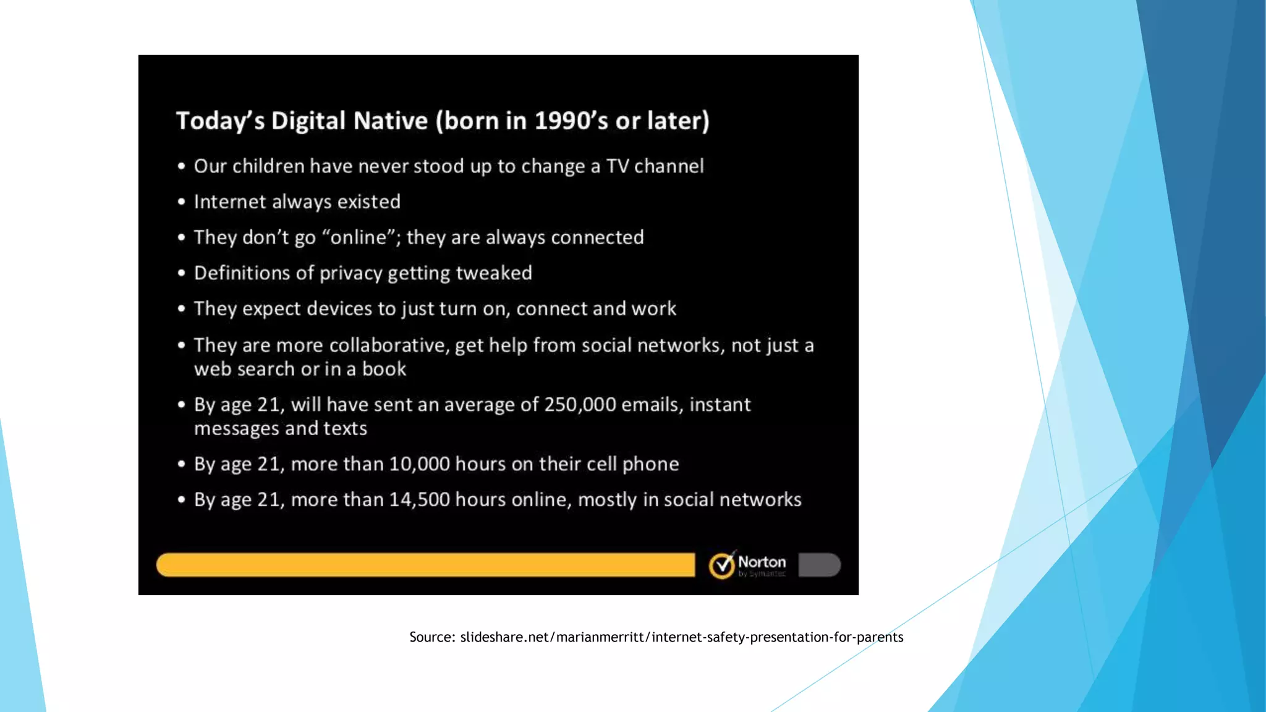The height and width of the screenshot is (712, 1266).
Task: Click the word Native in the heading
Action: (390, 121)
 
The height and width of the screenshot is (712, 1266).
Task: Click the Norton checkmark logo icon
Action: (721, 565)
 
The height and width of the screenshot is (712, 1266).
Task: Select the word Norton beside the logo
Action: (762, 562)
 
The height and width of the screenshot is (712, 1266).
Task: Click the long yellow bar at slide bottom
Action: (425, 565)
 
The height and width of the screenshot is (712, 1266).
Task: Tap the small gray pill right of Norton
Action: (819, 565)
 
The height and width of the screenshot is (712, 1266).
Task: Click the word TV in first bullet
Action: (618, 166)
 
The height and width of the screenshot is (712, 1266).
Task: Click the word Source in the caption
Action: (431, 637)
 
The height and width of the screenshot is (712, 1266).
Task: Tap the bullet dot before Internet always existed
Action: (181, 202)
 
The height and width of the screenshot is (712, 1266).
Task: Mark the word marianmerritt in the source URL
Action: (600, 637)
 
